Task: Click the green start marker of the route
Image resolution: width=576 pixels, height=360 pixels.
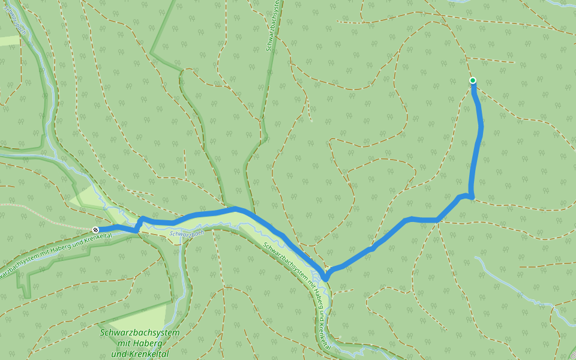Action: (x=473, y=80)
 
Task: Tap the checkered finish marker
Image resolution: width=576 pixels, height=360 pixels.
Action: (x=95, y=230)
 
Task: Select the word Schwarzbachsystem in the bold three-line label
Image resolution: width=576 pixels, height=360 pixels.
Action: (x=140, y=333)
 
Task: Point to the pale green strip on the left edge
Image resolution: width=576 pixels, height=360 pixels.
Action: (x=9, y=40)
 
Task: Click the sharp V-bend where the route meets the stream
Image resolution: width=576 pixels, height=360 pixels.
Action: (x=326, y=278)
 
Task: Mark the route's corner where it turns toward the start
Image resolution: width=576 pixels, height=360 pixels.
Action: (x=471, y=196)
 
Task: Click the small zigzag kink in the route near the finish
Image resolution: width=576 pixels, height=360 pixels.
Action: (x=139, y=223)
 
